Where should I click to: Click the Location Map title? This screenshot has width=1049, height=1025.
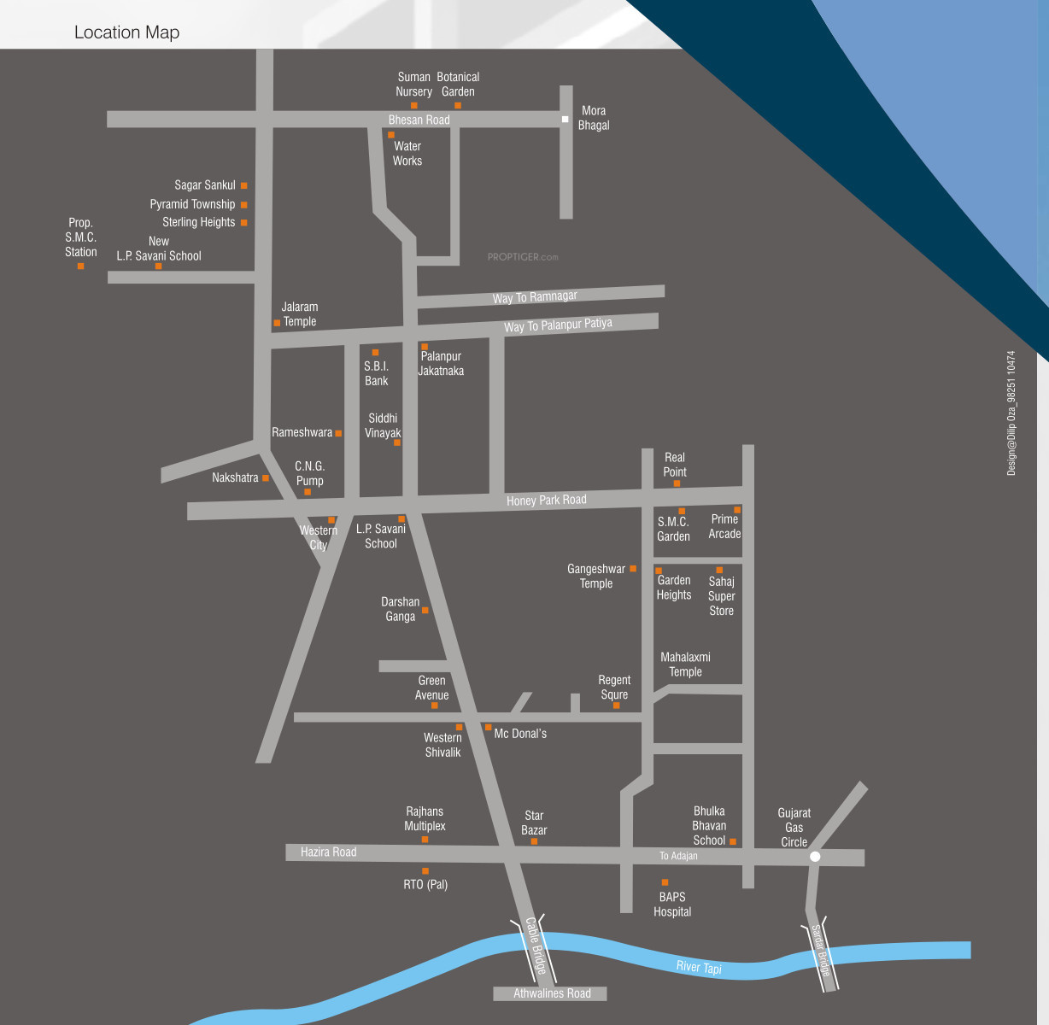[126, 32]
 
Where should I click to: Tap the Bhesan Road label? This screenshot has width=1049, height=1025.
[419, 120]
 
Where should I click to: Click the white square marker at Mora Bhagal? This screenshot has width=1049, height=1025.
[565, 120]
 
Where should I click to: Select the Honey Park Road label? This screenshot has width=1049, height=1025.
[546, 500]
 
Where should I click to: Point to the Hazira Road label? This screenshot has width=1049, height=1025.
[328, 852]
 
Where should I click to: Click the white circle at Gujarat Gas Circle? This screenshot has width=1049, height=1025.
[815, 856]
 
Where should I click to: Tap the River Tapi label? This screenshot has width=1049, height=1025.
[699, 967]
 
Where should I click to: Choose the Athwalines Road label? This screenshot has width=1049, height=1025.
[552, 993]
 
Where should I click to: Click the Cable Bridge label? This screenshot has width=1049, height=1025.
[536, 946]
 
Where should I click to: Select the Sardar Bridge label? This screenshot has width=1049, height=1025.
[820, 951]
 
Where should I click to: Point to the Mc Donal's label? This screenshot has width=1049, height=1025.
[520, 734]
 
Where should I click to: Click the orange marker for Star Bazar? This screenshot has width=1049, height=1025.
[534, 841]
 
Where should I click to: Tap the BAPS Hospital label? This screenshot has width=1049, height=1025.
[672, 904]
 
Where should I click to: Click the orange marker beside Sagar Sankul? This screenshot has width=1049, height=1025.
[243, 185]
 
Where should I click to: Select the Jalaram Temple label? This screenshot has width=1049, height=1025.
[299, 314]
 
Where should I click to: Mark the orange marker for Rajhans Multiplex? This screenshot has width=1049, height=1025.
[425, 840]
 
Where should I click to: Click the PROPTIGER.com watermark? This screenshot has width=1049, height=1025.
[523, 256]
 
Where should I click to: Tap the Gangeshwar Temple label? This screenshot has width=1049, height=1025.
[596, 576]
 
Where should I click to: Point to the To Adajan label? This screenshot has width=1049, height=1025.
[678, 856]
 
